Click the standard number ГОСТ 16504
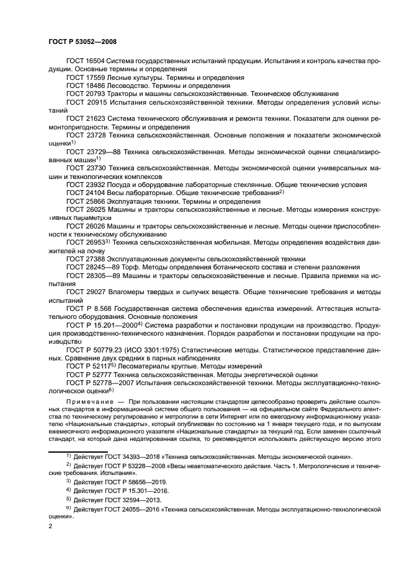tap(86, 61)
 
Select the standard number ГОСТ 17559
tap(86, 77)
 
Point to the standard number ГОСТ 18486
tap(86, 85)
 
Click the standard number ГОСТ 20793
tap(86, 94)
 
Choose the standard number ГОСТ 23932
tap(86, 185)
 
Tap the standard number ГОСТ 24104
tap(86, 193)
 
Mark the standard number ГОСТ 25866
tap(86, 201)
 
